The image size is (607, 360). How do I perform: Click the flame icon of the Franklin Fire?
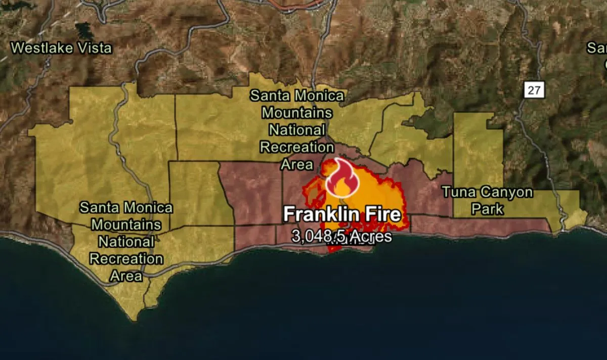342,178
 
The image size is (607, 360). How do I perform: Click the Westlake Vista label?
61,49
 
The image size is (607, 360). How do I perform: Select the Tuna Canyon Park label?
487,200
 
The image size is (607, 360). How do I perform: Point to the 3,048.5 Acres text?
342,236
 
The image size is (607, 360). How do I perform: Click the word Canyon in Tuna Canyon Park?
506,193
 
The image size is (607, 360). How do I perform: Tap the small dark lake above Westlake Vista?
83,30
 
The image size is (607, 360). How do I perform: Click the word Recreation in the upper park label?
296,148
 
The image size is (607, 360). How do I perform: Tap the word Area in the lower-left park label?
126,276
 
